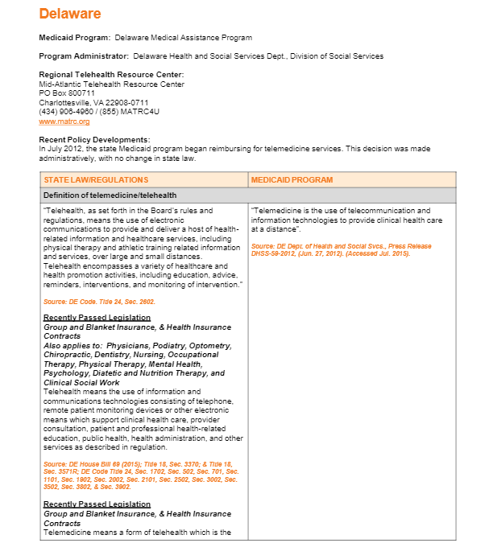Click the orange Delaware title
click(70, 14)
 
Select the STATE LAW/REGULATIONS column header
click(96, 179)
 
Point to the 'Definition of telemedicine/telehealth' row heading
click(110, 195)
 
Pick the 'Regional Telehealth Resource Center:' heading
click(112, 75)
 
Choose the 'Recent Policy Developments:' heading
click(90, 140)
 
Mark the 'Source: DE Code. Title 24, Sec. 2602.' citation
click(98, 302)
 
